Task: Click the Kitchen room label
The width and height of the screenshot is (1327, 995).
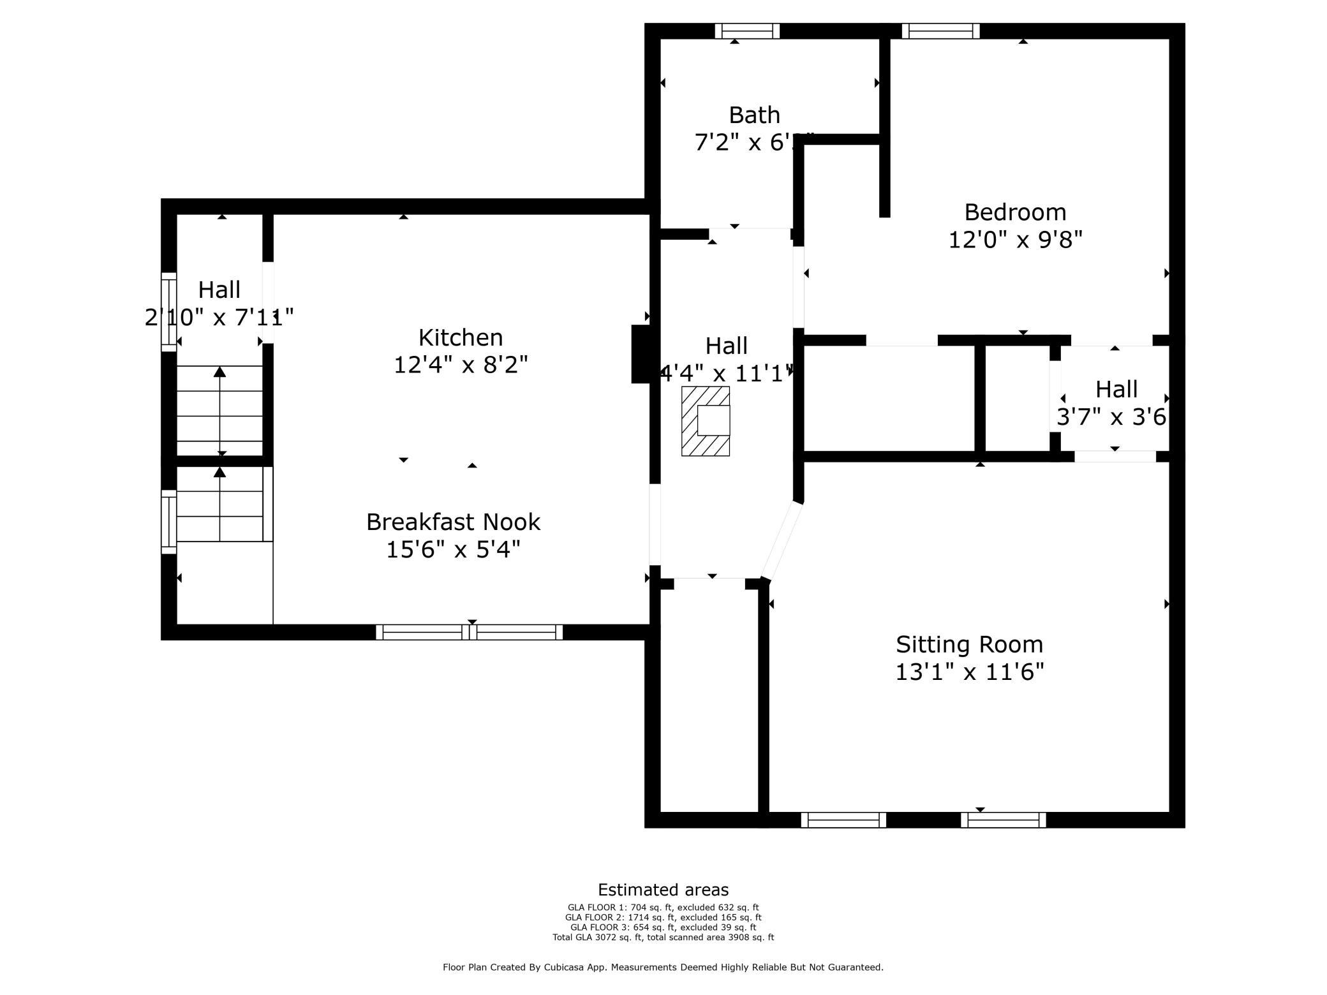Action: [x=460, y=337]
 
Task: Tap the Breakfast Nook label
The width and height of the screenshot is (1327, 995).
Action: [x=453, y=522]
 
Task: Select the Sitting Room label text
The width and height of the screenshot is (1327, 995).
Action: [x=969, y=644]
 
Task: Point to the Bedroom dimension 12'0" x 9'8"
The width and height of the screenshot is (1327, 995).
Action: [x=1015, y=240]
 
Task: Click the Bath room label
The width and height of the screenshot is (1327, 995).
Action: [x=754, y=115]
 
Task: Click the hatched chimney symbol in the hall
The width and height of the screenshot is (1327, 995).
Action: [x=705, y=421]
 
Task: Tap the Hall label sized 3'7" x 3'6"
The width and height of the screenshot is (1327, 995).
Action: [x=1116, y=389]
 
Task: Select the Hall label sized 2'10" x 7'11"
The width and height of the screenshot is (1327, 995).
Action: [x=219, y=290]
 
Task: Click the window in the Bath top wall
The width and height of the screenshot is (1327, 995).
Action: [x=747, y=31]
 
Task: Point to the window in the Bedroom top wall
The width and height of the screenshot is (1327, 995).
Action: [x=940, y=31]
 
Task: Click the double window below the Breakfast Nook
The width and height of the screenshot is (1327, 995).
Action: [x=469, y=632]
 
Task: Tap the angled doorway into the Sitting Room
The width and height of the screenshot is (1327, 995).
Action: [x=782, y=541]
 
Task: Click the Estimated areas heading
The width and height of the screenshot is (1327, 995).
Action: [x=663, y=890]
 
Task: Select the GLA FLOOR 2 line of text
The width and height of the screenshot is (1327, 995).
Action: [x=663, y=917]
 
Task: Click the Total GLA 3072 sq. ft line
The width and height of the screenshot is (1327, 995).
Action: [x=663, y=937]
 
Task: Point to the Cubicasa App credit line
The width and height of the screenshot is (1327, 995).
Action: [x=663, y=967]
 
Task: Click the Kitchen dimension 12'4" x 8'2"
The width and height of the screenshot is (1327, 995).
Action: [x=460, y=365]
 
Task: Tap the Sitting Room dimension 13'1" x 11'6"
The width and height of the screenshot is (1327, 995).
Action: [x=969, y=672]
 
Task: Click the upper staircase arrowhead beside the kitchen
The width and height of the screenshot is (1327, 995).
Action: [x=219, y=372]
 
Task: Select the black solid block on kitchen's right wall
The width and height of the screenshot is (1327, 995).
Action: [x=641, y=354]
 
